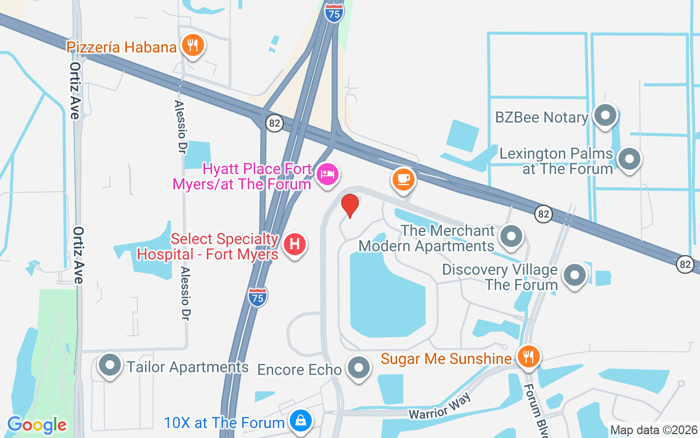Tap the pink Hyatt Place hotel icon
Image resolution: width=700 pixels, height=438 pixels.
328,175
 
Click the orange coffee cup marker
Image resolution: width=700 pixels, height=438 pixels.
404,178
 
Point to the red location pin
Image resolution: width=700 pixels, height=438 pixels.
350,205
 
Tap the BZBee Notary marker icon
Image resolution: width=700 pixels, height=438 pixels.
605,116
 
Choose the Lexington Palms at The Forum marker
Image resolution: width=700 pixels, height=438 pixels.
629,159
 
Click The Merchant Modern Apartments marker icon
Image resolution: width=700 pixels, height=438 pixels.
512,237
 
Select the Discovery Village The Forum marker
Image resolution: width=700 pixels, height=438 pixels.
574,275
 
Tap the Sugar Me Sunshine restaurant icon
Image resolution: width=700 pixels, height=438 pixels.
528,357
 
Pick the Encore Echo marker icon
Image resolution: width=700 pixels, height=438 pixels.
359,368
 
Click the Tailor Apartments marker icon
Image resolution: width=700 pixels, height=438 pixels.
110,365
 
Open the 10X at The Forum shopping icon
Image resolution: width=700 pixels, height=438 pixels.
301,421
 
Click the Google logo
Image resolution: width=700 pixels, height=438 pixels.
37,425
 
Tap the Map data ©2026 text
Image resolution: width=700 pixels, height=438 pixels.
654,430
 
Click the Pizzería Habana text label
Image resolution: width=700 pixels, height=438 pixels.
122,47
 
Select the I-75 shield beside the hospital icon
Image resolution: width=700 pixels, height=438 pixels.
258,296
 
